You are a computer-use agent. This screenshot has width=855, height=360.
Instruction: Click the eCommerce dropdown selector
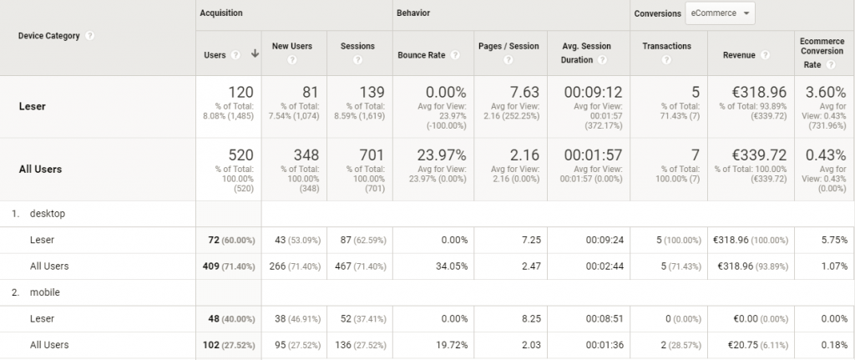tap(719, 13)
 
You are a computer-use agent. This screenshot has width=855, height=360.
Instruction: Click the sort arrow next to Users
tap(254, 54)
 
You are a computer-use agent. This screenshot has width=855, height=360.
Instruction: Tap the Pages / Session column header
tap(508, 46)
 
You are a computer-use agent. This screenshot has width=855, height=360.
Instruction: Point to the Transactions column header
tap(666, 46)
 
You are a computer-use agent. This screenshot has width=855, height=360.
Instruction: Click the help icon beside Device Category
tap(89, 36)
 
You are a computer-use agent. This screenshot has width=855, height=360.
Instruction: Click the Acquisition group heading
tap(222, 13)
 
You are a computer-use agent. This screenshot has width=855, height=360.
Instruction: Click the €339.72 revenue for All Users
tap(758, 155)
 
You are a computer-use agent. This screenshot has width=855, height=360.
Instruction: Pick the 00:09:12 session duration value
tap(593, 92)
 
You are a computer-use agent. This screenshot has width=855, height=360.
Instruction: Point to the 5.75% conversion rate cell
tap(832, 240)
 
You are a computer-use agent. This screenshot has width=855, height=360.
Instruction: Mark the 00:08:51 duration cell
tap(605, 319)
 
